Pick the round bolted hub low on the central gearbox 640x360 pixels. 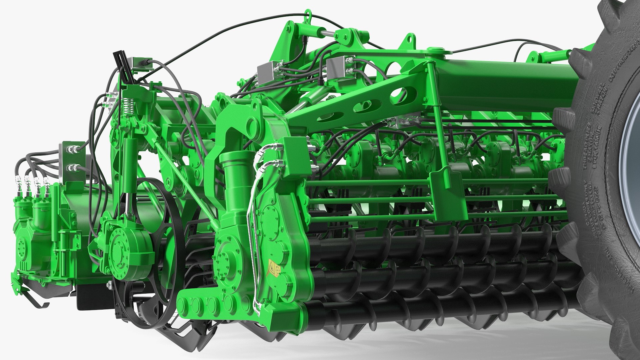pyautogui.click(x=222, y=259)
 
